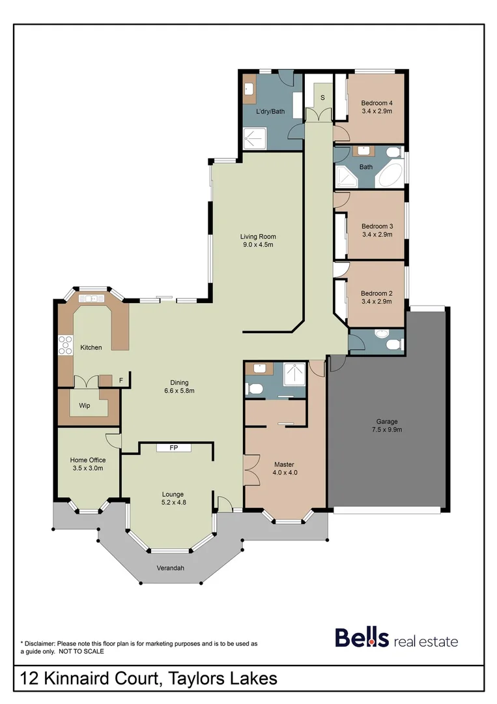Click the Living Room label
tap(258, 237)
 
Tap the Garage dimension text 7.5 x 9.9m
tap(386, 430)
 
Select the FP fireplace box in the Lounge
tap(174, 448)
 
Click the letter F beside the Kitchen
tap(121, 380)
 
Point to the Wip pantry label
tap(85, 405)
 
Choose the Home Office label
tap(88, 460)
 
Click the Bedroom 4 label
tap(376, 103)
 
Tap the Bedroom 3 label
tap(376, 226)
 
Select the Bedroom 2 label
tap(376, 293)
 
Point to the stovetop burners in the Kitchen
tap(65, 344)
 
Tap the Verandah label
tap(170, 568)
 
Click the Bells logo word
tap(362, 638)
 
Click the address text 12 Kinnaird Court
tap(89, 679)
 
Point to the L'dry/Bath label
tap(270, 111)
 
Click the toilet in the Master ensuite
tap(255, 389)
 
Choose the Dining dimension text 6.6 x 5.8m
tap(179, 391)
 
